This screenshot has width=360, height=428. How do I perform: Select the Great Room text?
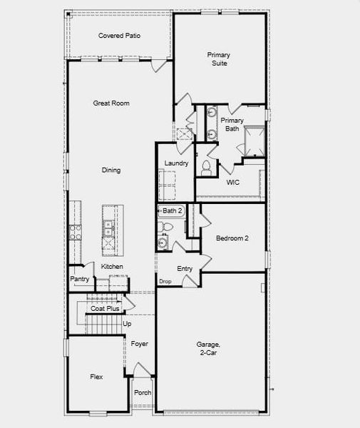pos(111,103)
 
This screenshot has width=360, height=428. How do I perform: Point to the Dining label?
pos(110,170)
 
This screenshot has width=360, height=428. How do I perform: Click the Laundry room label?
pos(176,163)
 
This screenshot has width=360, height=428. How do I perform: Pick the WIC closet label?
pos(233,183)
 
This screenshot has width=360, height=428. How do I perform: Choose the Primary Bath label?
pos(231,124)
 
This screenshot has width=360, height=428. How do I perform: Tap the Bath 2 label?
pos(173,210)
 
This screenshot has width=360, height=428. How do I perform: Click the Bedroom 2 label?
pos(232,238)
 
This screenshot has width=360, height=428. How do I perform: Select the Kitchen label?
pos(112,267)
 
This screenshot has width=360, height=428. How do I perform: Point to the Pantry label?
pos(78,279)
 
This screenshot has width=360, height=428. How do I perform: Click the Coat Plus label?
pos(105,309)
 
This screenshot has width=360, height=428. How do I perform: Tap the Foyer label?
pos(140,344)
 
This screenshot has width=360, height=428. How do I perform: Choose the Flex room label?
pos(96,376)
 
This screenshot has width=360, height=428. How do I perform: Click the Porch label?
pos(143,392)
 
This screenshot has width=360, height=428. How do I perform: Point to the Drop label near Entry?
pos(165,282)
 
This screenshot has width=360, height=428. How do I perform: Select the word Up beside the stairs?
pos(128,324)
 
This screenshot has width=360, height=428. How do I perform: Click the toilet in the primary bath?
pos(206,168)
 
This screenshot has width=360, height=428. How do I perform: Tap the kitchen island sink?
pos(109,228)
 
